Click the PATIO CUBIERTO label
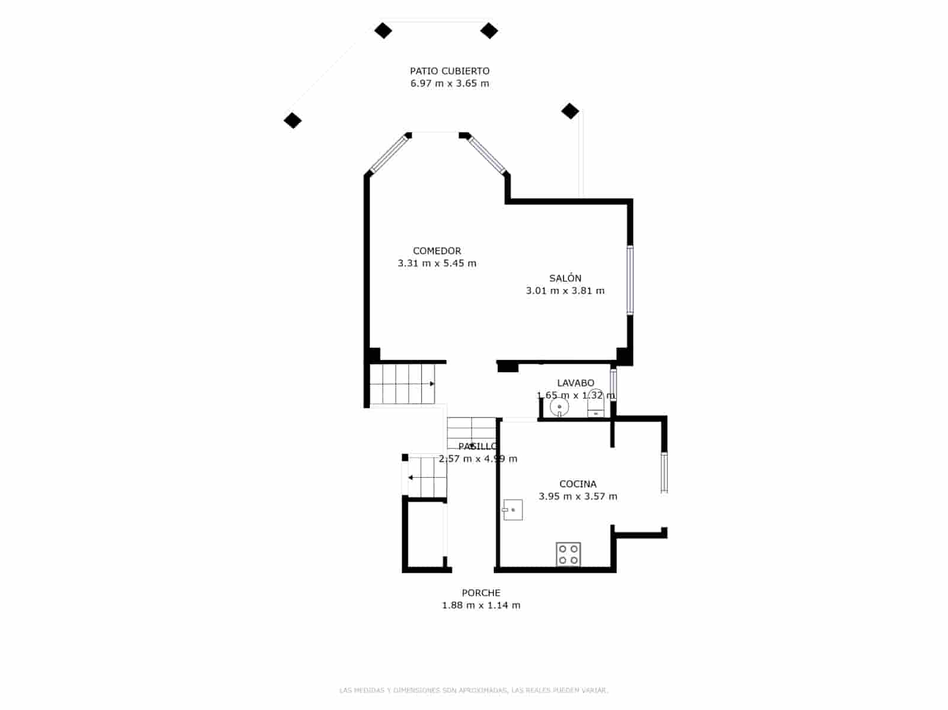coord(450,71)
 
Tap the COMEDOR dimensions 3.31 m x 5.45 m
coord(437,264)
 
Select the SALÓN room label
coord(565,278)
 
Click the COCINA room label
coord(578,484)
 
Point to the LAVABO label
coord(575,383)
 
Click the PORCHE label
coord(481,593)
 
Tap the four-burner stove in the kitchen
coord(568,554)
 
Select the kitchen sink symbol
coord(513,510)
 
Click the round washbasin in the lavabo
coord(559,407)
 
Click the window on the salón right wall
coord(630,279)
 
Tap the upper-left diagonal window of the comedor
coord(389,154)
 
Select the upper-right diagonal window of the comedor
coord(487,155)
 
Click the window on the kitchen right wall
coord(664,472)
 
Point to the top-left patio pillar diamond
coord(383,30)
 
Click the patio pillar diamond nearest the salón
coord(570,111)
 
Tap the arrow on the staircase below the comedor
coord(433,384)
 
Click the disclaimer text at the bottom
coord(473,690)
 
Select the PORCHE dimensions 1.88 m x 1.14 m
coord(481,605)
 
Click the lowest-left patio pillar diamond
coord(293,121)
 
